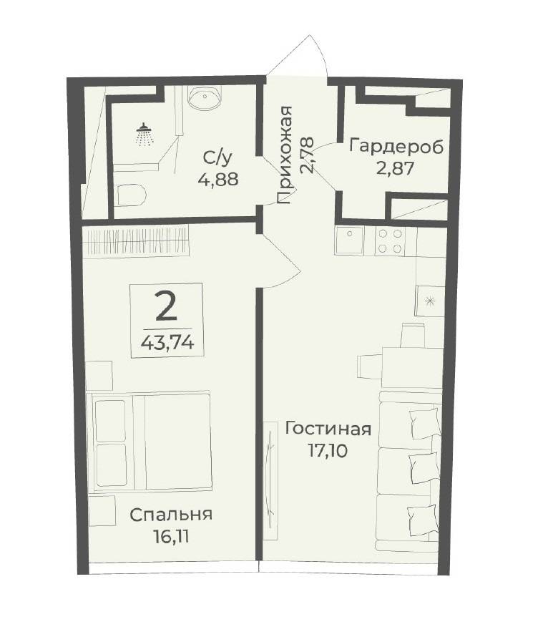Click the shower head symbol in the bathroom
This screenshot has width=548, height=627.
click(x=145, y=135)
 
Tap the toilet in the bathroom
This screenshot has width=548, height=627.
click(x=132, y=195)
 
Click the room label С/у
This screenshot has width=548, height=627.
click(x=217, y=159)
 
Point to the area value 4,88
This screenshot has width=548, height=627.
click(x=218, y=179)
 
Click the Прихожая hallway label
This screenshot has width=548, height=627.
click(x=285, y=155)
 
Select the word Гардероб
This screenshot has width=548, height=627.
click(x=396, y=147)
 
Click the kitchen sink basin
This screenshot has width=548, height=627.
click(x=350, y=240)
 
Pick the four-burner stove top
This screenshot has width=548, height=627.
click(x=390, y=241)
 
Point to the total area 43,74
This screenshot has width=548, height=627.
click(x=167, y=343)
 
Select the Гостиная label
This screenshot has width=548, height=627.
click(x=328, y=429)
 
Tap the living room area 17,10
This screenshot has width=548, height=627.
click(x=328, y=451)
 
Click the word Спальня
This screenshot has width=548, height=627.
click(x=171, y=515)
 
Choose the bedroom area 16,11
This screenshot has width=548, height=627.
click(x=171, y=537)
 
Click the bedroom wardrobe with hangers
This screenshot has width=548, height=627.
click(x=136, y=243)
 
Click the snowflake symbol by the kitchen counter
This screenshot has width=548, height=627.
click(x=430, y=301)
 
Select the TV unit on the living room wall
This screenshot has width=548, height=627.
click(x=271, y=481)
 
